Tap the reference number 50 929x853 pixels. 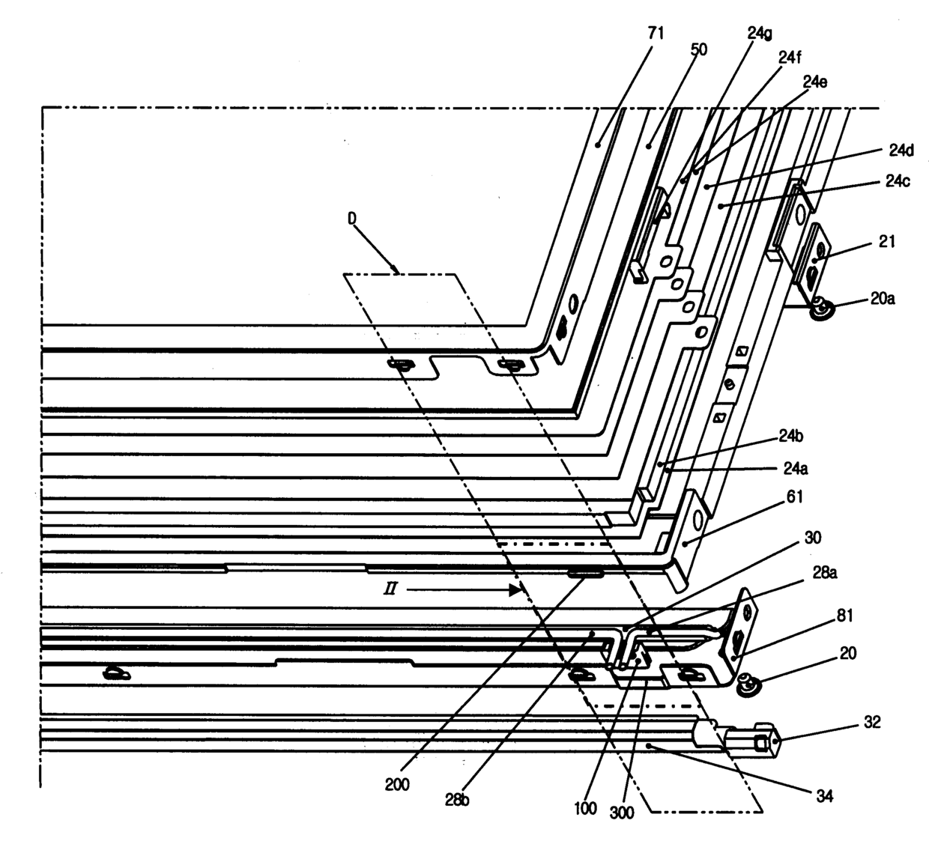(698, 50)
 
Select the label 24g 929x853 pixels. (761, 33)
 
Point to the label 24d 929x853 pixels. (901, 151)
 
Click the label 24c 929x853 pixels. (896, 182)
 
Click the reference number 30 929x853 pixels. (812, 538)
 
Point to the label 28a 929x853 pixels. (824, 574)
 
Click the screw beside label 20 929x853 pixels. (747, 683)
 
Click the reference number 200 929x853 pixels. (397, 784)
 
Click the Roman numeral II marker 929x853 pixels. (390, 590)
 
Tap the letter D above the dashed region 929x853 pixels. (351, 219)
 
